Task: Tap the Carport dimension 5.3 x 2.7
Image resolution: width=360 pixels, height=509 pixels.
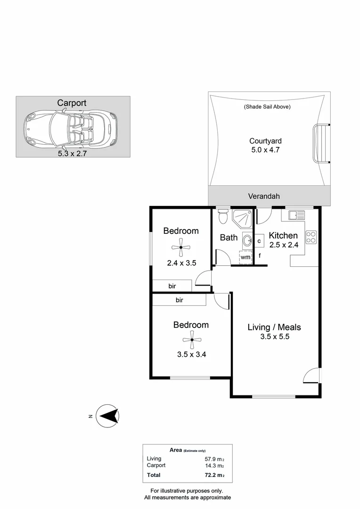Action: pos(72,153)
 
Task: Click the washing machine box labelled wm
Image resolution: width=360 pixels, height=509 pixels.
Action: pos(245,257)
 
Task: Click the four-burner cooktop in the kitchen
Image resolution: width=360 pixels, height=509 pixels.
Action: pos(311,237)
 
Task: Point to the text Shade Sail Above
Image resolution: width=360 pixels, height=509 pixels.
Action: pos(267,107)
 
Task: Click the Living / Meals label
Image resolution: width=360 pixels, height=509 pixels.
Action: pos(274,327)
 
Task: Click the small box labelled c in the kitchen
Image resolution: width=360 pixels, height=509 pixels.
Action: pos(259,241)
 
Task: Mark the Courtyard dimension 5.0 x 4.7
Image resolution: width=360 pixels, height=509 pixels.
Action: pos(266,150)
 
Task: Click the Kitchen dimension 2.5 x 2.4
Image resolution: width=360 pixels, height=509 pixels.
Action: pos(284,245)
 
